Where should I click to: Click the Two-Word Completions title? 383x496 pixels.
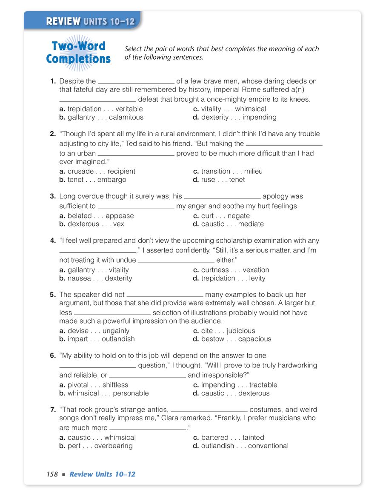(x=78, y=52)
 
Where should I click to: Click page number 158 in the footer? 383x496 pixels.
(x=52, y=474)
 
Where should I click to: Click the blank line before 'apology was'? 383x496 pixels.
(x=222, y=198)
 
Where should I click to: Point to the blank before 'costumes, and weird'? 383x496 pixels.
(x=209, y=411)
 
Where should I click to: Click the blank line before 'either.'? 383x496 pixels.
(x=176, y=261)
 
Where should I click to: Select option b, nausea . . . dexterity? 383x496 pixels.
(x=100, y=278)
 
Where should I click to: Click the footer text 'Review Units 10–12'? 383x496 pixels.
(x=102, y=474)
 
